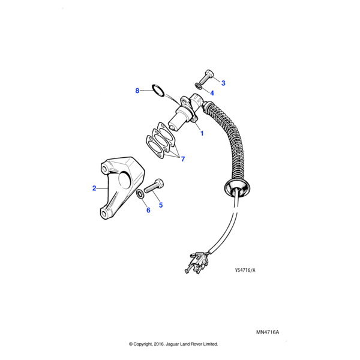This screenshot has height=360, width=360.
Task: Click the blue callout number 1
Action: [202, 133]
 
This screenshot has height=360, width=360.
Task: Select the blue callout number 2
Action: [94, 188]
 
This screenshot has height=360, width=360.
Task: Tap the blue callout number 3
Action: [223, 83]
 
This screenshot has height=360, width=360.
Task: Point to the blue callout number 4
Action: [212, 93]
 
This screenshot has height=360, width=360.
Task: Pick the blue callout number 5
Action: [161, 205]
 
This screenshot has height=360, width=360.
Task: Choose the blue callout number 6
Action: [148, 210]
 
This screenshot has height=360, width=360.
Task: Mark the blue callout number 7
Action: [183, 159]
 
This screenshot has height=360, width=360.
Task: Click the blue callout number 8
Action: [137, 91]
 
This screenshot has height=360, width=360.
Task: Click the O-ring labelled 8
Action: [158, 91]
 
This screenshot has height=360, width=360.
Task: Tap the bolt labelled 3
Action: [206, 77]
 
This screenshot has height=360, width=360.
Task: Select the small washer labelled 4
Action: [199, 86]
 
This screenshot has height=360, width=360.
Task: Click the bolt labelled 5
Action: [154, 187]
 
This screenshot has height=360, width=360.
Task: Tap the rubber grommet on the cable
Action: [237, 187]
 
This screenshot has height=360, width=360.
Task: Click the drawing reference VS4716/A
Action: [245, 270]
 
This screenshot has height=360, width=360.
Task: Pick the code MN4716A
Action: [268, 332]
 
